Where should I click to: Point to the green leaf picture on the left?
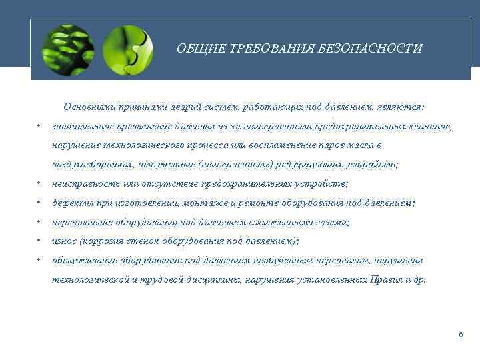67,50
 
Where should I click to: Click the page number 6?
460,333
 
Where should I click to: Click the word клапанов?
431,126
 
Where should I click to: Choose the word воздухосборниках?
95,165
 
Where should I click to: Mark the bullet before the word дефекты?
40,203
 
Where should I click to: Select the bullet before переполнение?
40,222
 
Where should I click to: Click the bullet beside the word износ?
40,241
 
